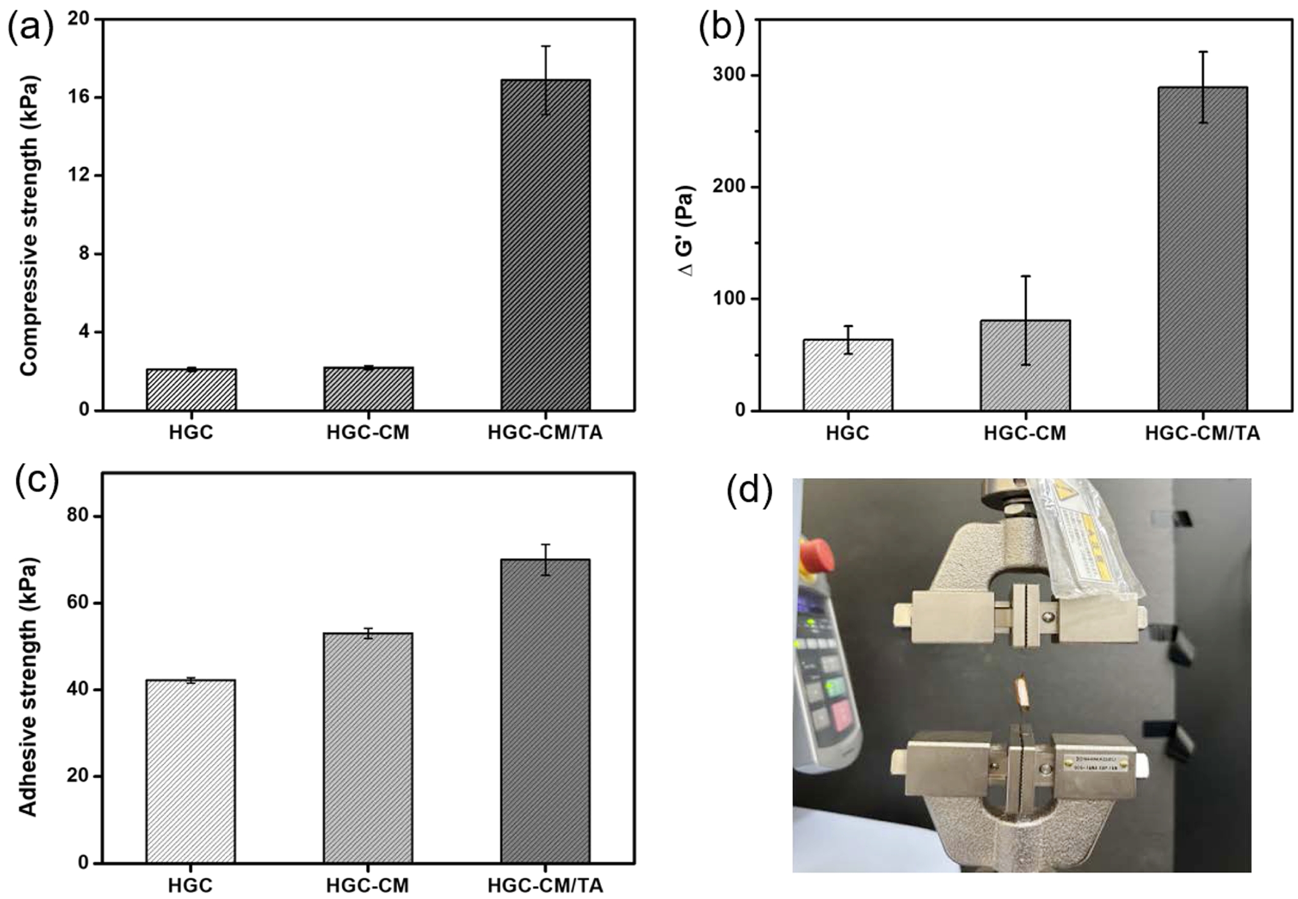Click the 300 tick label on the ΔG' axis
pyautogui.click(x=733, y=75)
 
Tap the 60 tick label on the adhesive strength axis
pyautogui.click(x=78, y=603)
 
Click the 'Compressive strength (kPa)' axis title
pyautogui.click(x=29, y=225)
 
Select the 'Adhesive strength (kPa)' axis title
pyautogui.click(x=28, y=688)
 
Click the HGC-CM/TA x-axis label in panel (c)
pyautogui.click(x=545, y=885)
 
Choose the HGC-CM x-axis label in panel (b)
pyautogui.click(x=1025, y=433)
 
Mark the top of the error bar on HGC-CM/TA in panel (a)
pyautogui.click(x=545, y=46)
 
